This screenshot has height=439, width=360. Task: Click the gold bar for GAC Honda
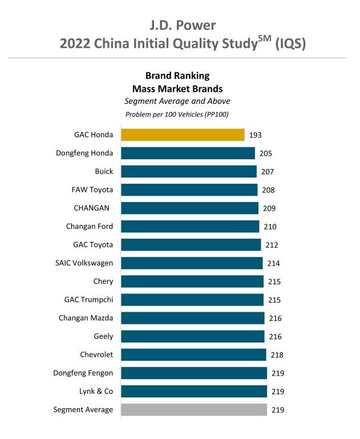coord(183,135)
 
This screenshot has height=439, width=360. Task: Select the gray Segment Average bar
coord(194,409)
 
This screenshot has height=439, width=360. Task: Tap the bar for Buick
coord(189,171)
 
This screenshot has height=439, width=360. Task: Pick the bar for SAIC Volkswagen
coord(192,263)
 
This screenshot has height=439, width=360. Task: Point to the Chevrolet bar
coord(193,355)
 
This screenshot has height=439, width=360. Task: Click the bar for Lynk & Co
coord(194,391)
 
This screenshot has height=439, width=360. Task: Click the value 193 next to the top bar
coord(255,135)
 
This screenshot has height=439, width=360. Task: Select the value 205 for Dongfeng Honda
coord(265,153)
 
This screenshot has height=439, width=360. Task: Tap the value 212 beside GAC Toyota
coord(272,245)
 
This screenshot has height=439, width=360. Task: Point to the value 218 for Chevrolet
coord(277,355)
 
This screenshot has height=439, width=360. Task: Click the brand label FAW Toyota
coord(94,190)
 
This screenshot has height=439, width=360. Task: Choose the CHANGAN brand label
coord(91,208)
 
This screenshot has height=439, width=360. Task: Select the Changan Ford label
coord(90,227)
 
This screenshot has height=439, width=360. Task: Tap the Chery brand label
coord(103,281)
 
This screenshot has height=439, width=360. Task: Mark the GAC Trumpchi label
coord(89,300)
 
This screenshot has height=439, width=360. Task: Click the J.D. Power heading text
coord(180,26)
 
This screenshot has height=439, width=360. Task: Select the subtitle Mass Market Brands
coord(177,88)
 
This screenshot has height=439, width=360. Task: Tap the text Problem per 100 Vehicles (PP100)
coord(177,114)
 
